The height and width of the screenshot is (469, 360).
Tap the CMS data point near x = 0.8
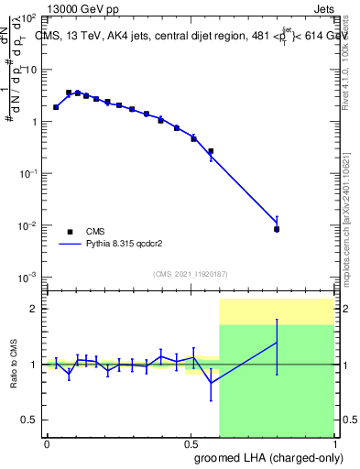click(277, 229)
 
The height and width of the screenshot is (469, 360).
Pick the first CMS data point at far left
click(56, 107)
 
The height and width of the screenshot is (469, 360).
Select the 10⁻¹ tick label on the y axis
click(29, 173)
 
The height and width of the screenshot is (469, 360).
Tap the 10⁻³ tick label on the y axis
click(29, 277)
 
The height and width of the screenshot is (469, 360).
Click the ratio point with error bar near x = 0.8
click(277, 343)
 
